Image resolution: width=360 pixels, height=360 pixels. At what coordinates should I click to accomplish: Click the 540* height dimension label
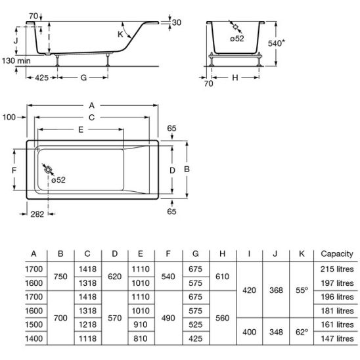pyautogui.click(x=276, y=43)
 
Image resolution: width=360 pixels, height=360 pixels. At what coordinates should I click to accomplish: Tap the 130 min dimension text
pyautogui.click(x=16, y=60)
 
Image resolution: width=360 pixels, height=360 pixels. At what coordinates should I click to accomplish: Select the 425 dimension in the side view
pyautogui.click(x=41, y=78)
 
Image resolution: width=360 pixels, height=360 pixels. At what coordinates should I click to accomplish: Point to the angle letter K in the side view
pyautogui.click(x=120, y=34)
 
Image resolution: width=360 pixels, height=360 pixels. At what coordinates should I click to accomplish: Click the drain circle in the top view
pyautogui.click(x=48, y=170)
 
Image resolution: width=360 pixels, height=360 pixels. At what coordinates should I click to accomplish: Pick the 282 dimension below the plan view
pyautogui.click(x=37, y=214)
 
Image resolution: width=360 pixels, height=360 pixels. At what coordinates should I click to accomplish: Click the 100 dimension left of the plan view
pyautogui.click(x=9, y=118)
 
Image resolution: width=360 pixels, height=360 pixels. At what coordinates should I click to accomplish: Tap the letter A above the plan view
pyautogui.click(x=91, y=105)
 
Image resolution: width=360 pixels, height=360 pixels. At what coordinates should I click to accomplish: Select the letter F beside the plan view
pyautogui.click(x=14, y=170)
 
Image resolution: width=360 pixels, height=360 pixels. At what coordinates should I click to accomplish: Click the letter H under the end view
pyautogui.click(x=235, y=78)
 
